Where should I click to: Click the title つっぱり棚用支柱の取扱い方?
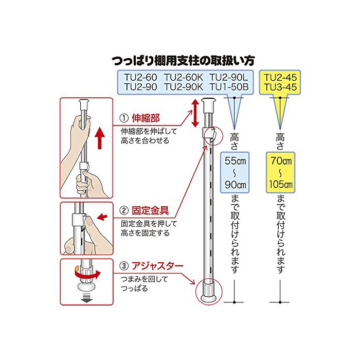tap(184, 61)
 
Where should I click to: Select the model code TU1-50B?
tap(228, 87)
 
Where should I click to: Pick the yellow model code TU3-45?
tap(281, 87)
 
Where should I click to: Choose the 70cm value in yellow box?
tap(280, 159)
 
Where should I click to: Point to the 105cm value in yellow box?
tap(280, 184)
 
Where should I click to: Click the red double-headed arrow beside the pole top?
tap(196, 114)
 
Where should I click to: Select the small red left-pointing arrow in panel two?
tap(102, 218)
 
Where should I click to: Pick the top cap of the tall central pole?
tap(210, 104)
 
